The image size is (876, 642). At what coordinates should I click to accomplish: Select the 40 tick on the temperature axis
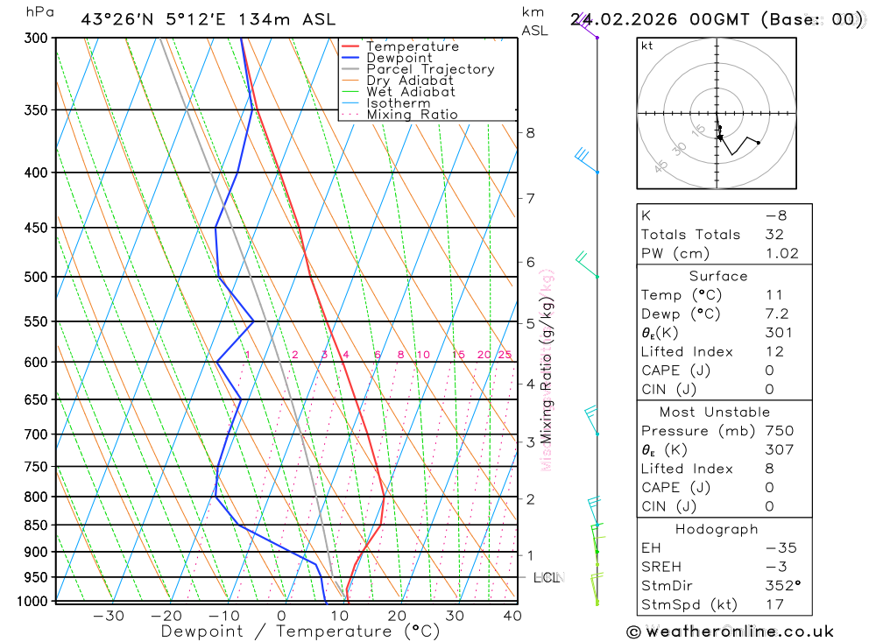point(512,616)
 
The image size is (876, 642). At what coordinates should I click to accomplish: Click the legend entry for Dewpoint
point(399,58)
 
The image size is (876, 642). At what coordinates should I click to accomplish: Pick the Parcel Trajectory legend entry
point(430,69)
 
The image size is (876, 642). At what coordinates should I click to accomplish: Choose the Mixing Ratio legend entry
point(412,115)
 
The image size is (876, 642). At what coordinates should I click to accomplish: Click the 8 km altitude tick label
point(530,133)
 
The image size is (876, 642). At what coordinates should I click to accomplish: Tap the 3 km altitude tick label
point(530,442)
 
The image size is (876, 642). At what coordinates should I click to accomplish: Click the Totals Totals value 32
point(774,235)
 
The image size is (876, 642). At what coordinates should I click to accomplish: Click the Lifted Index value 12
point(773,352)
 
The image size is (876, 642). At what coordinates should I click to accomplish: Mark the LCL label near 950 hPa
point(547,578)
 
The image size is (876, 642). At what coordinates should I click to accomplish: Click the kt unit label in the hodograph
point(647,46)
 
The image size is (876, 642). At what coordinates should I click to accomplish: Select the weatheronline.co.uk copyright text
point(730,631)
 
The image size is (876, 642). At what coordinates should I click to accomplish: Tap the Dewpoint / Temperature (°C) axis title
point(300,631)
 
